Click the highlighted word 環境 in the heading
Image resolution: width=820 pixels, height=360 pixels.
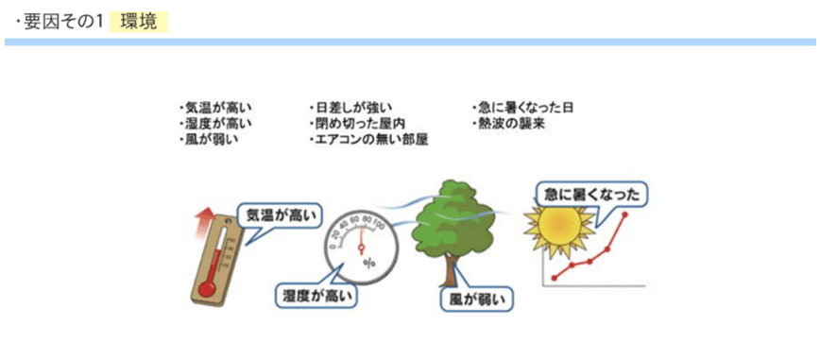[139, 21]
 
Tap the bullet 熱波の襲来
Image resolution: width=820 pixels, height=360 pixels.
[509, 124]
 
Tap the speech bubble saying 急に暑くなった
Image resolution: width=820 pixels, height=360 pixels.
[592, 196]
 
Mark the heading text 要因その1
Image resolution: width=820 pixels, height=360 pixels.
[60, 21]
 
